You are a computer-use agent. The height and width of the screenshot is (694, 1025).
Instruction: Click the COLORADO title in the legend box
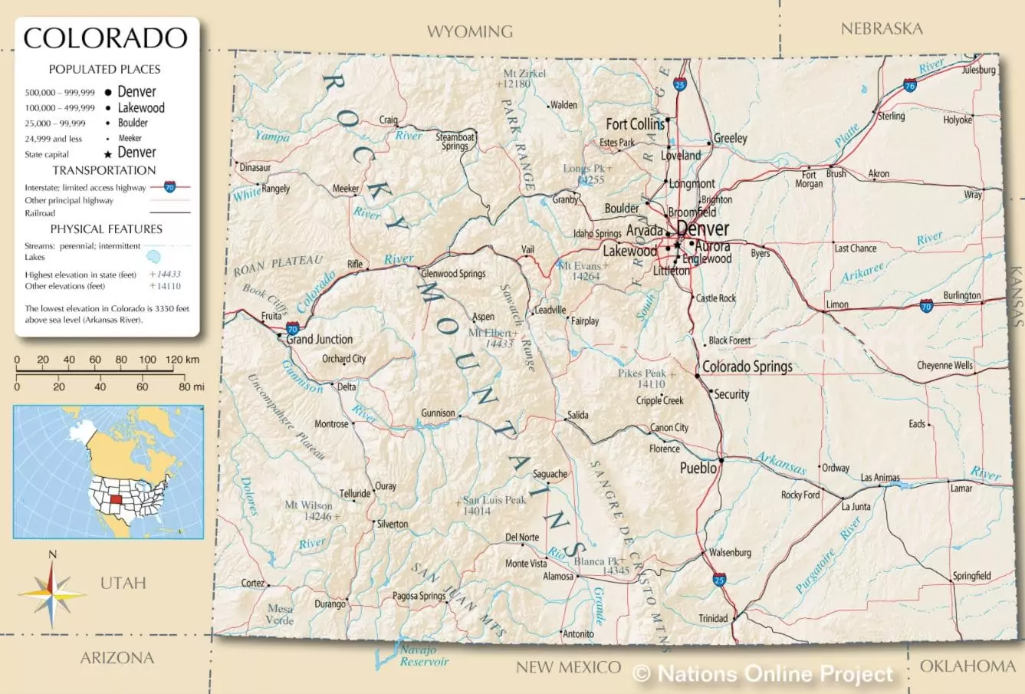106,38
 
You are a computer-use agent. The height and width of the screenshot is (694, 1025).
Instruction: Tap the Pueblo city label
698,468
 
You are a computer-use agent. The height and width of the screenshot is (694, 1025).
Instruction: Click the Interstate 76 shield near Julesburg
909,85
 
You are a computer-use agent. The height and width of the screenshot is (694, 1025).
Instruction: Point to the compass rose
52,594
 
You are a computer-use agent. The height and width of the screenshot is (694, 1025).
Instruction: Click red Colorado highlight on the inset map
117,500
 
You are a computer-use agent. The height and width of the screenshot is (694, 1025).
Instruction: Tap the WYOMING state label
469,31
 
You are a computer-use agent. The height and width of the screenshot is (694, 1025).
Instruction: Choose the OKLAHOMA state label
967,666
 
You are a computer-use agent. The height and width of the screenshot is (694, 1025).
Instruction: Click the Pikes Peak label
642,373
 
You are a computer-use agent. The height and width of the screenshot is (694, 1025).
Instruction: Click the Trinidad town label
713,618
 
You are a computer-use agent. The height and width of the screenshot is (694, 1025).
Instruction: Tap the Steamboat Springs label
455,141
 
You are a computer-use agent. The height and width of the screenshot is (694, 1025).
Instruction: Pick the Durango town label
330,604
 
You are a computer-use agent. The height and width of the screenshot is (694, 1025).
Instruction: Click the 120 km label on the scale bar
182,359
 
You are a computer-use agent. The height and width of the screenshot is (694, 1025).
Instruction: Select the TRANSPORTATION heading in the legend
104,170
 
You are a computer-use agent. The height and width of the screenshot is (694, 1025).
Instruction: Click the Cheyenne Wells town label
945,365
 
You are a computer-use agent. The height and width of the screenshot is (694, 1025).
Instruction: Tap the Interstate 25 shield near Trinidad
718,579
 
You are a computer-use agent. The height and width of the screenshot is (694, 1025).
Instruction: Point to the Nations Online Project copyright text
764,674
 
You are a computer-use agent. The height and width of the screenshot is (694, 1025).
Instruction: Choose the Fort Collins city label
635,123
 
